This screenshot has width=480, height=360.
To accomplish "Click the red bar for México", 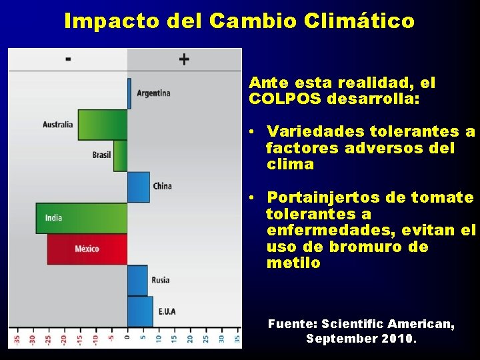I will [87, 249].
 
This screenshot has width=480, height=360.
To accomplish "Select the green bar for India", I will [81, 218].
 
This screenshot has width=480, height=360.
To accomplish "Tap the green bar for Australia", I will [103, 125].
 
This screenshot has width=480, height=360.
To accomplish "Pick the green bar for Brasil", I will [120, 155].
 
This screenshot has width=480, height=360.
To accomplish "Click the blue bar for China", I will [138, 187].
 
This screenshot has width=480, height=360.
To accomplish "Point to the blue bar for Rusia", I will [137, 280].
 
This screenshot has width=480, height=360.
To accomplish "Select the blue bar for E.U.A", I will [140, 311].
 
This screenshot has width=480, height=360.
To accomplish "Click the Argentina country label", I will [153, 93].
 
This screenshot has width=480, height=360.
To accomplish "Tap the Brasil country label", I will [102, 155].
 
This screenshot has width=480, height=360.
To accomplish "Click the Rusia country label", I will [161, 280].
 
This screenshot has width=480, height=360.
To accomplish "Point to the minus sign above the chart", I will [68, 59].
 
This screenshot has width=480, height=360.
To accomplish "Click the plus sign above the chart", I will [184, 59].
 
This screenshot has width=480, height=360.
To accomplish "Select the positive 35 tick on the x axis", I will [237, 338].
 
